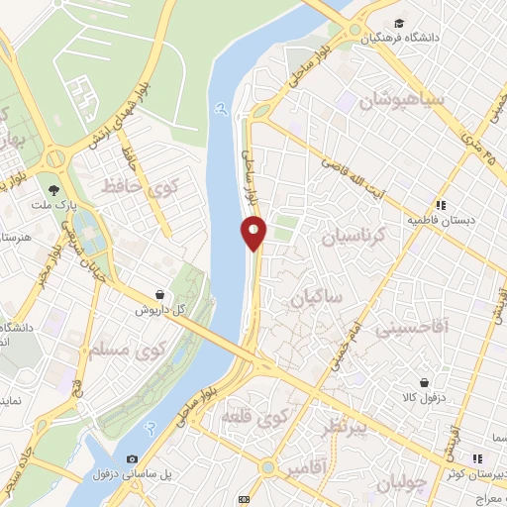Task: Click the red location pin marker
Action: [x=253, y=233]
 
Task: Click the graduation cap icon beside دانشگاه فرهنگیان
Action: [x=399, y=24]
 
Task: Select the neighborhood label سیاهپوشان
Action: [x=397, y=101]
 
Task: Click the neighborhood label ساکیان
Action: [x=315, y=297]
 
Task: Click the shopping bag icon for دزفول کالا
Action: [x=424, y=382]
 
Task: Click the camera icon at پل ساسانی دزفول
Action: [x=132, y=458]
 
